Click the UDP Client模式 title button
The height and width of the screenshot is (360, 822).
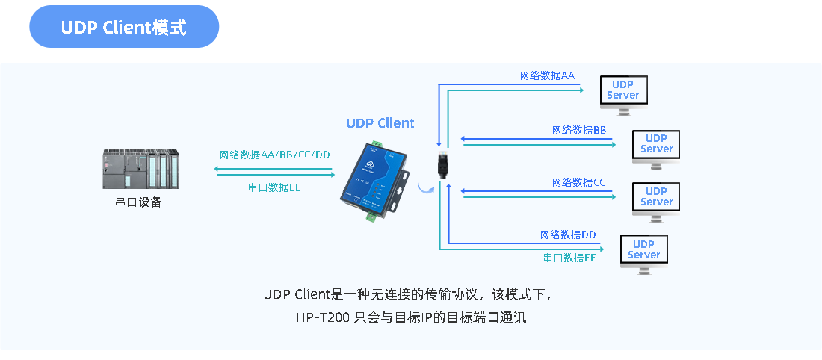coord(124,27)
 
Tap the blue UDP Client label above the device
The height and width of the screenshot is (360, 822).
coord(380,123)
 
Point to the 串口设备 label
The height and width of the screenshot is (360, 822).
coord(137,202)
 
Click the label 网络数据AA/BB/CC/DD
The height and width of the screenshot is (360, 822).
coord(275,155)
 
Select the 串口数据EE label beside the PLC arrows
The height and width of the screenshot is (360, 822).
coord(274,187)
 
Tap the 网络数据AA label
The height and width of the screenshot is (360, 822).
coord(547,75)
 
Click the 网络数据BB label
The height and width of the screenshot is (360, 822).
coord(579,130)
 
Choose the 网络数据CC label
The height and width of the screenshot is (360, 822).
coord(579,182)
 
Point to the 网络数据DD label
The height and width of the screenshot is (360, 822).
coord(568,235)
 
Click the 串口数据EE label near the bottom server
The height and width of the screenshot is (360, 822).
coord(569,258)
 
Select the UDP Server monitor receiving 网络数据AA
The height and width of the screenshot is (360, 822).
coord(623,92)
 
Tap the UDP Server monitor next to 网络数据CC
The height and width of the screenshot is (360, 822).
coord(656,198)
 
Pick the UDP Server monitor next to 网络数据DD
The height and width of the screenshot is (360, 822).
coord(643,251)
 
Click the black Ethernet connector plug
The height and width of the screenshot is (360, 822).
coord(442,164)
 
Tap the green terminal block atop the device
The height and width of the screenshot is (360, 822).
coord(376,144)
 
